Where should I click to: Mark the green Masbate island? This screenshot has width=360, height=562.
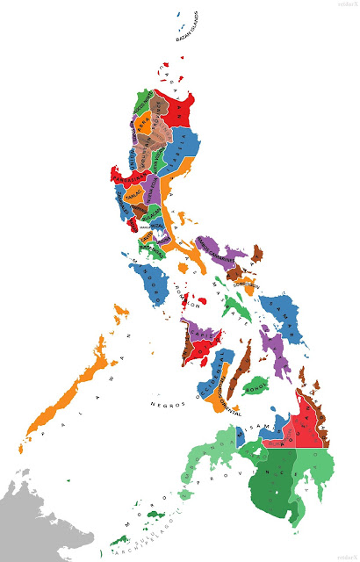234,307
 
